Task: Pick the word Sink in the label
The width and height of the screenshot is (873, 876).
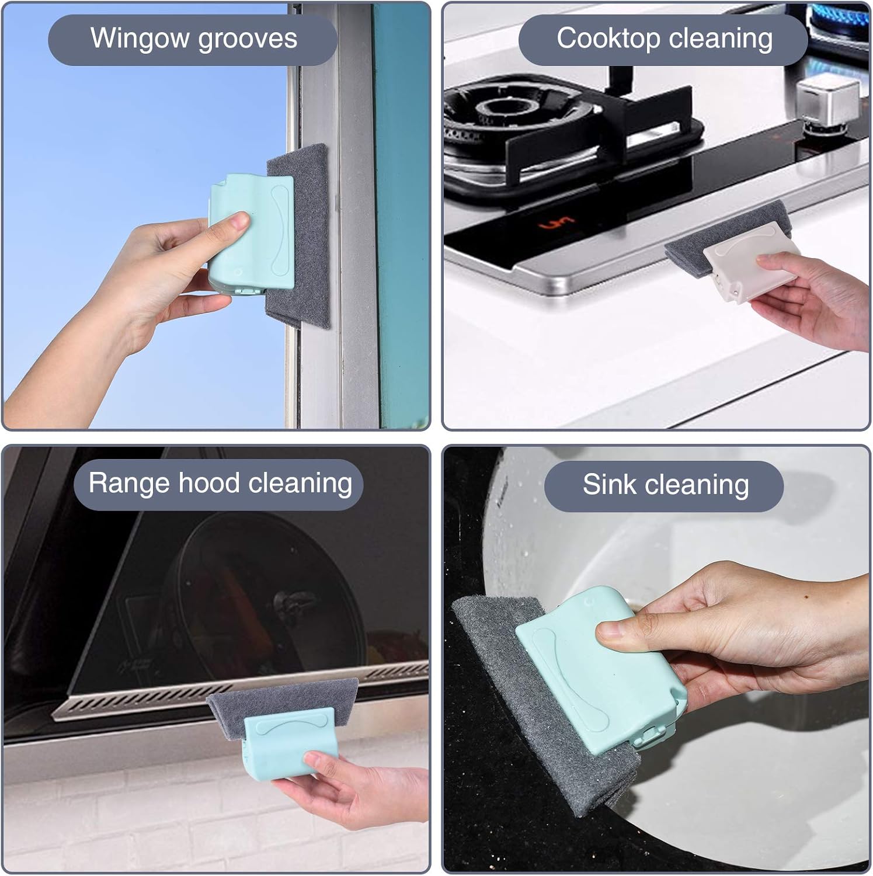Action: (x=610, y=485)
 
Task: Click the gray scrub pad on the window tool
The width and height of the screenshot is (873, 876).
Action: (x=299, y=236)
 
